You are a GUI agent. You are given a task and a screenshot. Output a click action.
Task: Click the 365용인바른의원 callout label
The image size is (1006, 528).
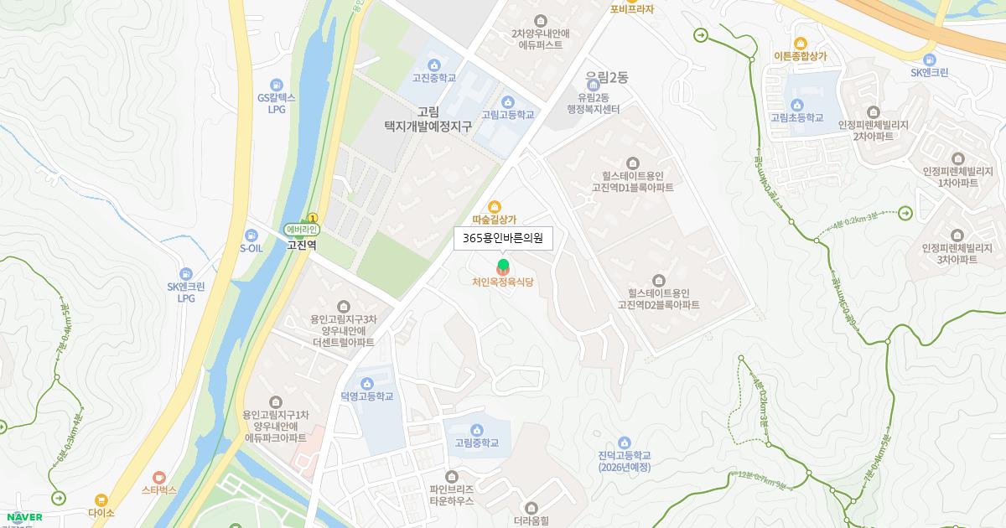click(503, 239)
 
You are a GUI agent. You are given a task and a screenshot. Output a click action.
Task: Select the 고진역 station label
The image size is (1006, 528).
click(301, 246)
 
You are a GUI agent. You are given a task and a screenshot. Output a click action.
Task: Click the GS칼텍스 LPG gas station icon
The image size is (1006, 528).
click(277, 85)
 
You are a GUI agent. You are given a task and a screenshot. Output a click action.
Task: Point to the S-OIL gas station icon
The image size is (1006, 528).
click(251, 236)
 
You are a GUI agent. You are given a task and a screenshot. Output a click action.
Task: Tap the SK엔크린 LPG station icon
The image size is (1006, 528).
click(186, 274)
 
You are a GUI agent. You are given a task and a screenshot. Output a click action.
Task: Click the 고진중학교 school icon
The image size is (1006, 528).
click(434, 65)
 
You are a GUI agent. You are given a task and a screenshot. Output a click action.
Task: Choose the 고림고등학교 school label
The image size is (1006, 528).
click(507, 116)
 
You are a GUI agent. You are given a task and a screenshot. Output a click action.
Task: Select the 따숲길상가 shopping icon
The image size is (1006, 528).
click(495, 206)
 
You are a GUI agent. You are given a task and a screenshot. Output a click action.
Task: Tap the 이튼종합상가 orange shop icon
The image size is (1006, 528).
click(801, 44)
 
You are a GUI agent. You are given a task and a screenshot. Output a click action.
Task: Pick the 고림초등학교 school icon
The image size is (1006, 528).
click(796, 105)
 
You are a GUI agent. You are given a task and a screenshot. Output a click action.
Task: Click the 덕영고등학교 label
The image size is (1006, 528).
click(367, 396)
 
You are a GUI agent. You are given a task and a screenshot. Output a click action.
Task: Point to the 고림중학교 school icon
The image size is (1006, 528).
click(476, 430)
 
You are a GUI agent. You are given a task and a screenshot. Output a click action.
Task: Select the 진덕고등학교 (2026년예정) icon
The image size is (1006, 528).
click(625, 443)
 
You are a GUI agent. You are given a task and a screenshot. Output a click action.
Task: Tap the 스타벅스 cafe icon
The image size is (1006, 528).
click(159, 478)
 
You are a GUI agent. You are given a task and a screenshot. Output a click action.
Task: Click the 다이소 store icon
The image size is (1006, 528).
click(101, 500)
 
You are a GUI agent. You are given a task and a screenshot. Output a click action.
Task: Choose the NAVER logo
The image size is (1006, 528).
click(24, 517)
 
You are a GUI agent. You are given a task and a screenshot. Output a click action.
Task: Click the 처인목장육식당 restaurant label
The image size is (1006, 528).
click(503, 282)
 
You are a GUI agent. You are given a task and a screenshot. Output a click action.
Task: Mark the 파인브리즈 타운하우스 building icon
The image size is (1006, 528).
click(451, 476)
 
